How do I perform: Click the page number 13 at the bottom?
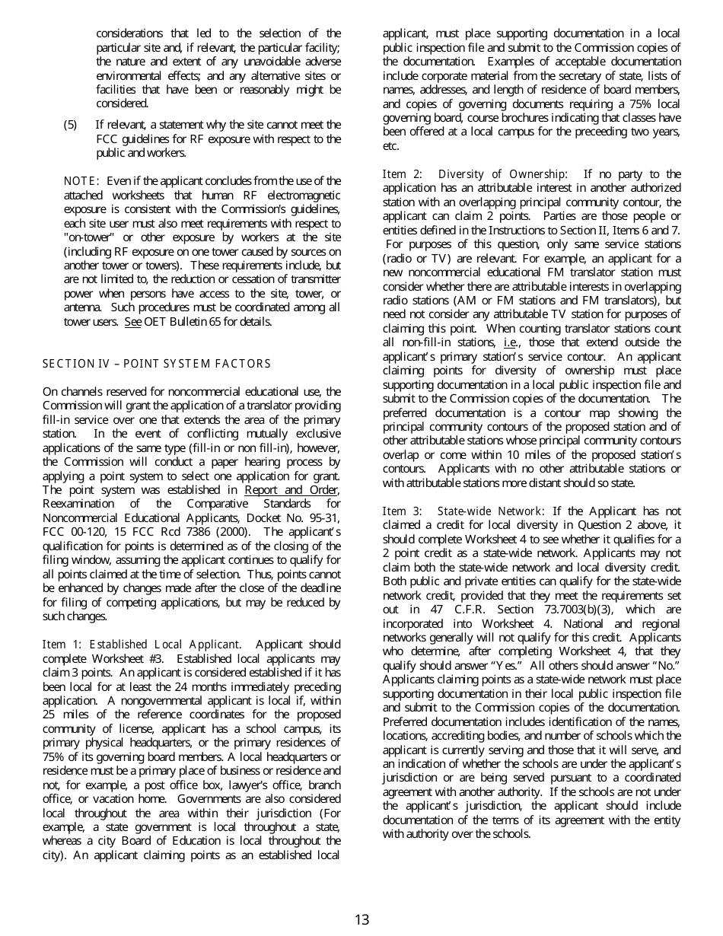(361, 919)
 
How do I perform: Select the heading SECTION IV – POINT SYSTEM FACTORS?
(156, 364)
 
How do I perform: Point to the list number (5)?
(71, 125)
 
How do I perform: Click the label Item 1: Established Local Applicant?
(142, 645)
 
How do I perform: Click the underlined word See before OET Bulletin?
(132, 322)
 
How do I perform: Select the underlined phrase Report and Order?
(291, 490)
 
